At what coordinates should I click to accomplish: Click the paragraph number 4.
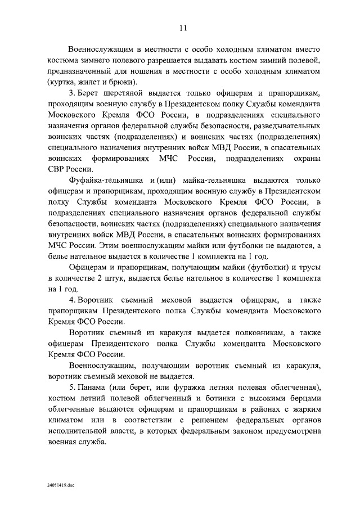click(x=71, y=299)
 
